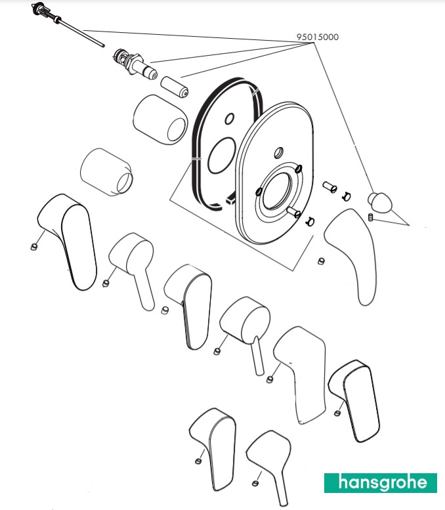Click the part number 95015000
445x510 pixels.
318,37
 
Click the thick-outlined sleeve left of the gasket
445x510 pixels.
159,119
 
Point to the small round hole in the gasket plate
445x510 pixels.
229,119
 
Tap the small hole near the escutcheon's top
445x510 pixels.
278,153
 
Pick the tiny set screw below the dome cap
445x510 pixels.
372,217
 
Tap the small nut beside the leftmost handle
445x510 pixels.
33,247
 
